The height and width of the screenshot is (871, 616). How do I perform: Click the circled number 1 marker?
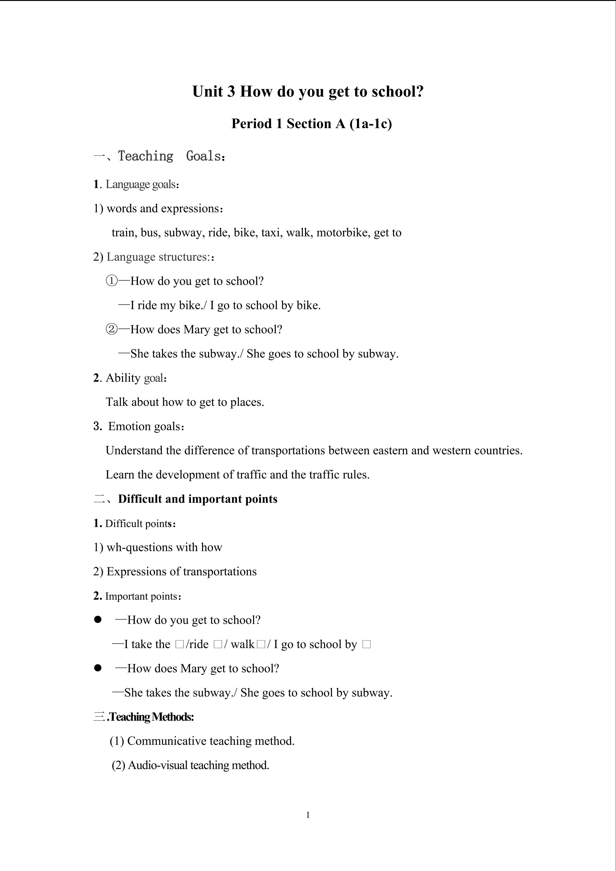pos(112,281)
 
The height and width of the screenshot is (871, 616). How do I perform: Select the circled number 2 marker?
pos(112,329)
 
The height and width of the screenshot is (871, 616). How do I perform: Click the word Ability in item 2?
pos(123,378)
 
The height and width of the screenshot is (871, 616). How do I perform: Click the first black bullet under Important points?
pos(98,620)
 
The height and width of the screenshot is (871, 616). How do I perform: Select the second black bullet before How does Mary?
pos(98,668)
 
